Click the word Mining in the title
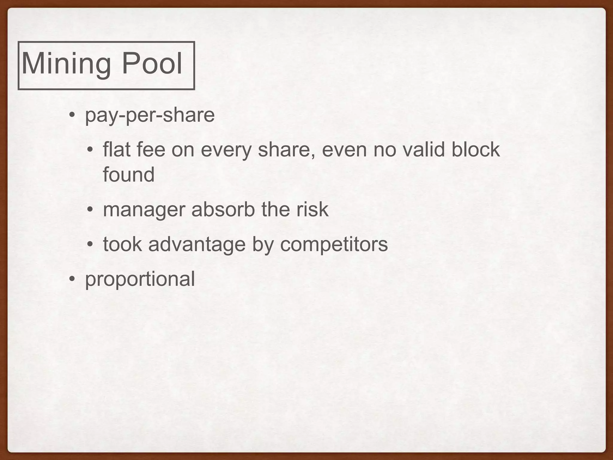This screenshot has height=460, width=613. click(66, 64)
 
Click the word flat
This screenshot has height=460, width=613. click(116, 149)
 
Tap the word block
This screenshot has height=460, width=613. click(475, 149)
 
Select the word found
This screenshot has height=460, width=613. click(129, 175)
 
